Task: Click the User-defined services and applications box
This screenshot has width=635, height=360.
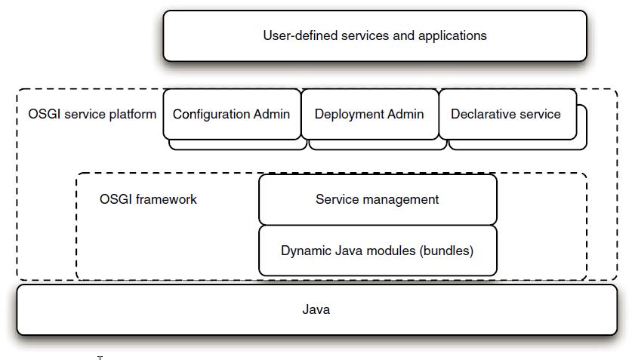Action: click(375, 35)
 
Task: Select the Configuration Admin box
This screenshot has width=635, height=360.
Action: click(232, 114)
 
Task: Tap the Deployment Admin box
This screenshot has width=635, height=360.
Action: click(369, 114)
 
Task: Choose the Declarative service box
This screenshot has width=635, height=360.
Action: click(507, 114)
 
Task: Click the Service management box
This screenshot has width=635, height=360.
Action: click(378, 199)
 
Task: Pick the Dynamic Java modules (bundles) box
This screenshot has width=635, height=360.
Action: click(378, 251)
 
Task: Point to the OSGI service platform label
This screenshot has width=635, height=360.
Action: click(92, 114)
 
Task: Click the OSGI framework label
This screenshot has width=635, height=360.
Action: click(148, 199)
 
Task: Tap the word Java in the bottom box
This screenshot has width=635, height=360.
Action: click(316, 309)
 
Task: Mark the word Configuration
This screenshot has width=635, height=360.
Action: click(211, 114)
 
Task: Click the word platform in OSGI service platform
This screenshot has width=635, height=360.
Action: click(134, 114)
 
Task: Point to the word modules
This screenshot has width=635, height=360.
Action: click(389, 251)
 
